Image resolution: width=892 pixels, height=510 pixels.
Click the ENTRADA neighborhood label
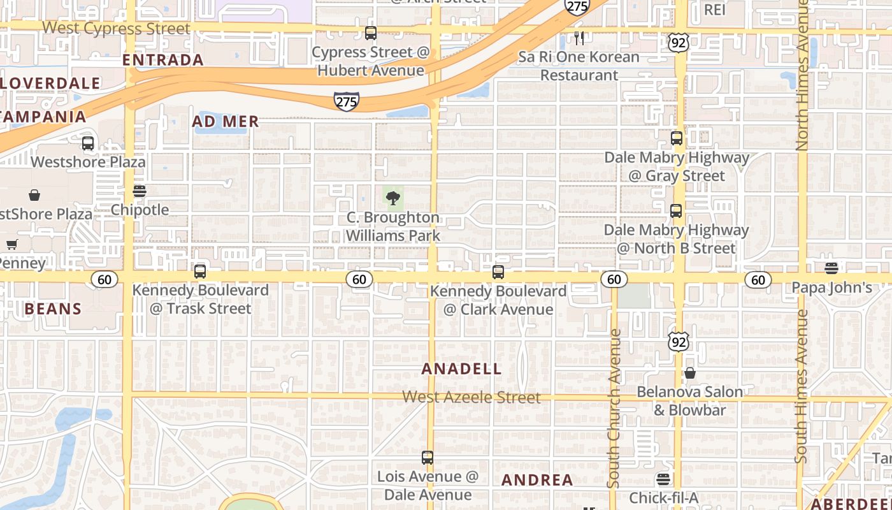(x=162, y=60)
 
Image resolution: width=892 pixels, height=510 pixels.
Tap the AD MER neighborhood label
(x=226, y=121)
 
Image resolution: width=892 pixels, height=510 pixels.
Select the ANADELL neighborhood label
(x=461, y=369)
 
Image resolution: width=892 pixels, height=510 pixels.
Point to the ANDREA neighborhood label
(x=537, y=480)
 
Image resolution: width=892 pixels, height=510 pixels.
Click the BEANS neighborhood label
(x=54, y=309)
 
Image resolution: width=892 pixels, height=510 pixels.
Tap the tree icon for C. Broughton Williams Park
(x=393, y=197)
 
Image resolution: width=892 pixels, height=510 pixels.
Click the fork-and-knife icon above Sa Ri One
(x=579, y=38)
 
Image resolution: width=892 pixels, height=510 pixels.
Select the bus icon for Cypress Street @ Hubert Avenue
(x=370, y=33)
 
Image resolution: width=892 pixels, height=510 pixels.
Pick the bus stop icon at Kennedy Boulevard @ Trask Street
(x=200, y=272)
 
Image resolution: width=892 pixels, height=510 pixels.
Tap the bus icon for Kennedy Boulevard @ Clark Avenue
(x=498, y=272)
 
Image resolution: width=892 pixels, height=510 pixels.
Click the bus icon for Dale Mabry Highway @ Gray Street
(x=677, y=138)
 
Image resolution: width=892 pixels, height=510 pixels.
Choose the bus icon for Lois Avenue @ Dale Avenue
(x=428, y=458)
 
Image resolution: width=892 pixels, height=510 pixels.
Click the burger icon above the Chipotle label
(x=140, y=191)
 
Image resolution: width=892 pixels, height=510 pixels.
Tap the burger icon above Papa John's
(x=831, y=268)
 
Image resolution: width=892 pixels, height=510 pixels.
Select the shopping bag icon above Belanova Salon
(x=690, y=373)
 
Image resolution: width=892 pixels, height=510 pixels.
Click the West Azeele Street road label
(x=471, y=397)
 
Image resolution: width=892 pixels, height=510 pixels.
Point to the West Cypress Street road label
(x=117, y=29)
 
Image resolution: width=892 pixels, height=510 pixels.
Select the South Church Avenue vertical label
(x=614, y=408)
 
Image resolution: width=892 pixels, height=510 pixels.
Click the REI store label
(x=715, y=10)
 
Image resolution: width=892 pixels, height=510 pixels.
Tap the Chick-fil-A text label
(x=664, y=497)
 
